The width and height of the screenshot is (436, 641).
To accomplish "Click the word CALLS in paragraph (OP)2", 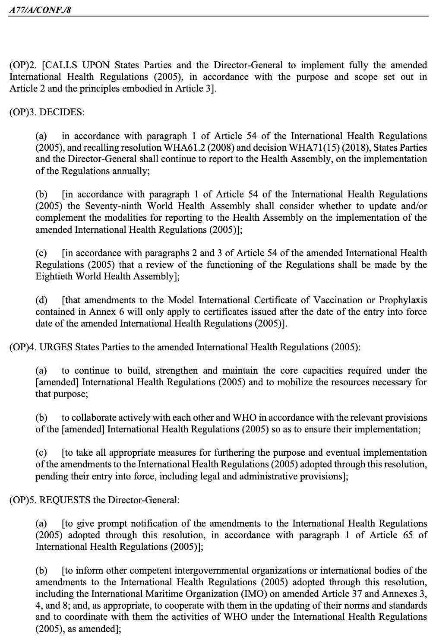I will (x=62, y=65).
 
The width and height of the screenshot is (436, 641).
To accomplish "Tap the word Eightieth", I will (x=54, y=276).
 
